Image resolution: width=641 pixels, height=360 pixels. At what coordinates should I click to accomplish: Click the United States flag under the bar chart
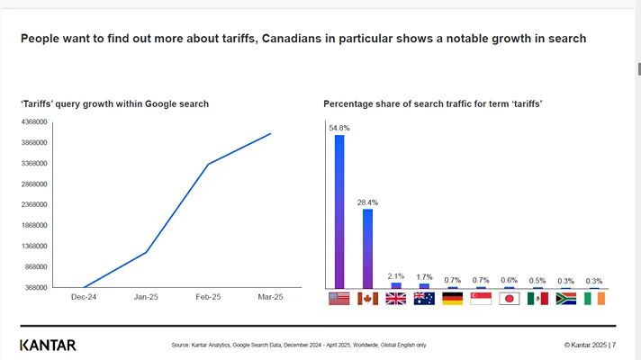point(339,299)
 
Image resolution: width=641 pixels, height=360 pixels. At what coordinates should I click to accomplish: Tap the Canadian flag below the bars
point(367,299)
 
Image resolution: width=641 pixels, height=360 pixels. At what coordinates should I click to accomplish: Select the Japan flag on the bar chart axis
point(510,299)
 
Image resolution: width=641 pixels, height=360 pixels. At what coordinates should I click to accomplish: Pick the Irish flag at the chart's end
point(594,299)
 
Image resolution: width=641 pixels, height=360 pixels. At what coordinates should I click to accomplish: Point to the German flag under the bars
point(453,299)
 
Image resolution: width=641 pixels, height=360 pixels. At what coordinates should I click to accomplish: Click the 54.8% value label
point(339,128)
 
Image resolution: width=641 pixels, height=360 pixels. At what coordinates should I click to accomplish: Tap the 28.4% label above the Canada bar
point(367,202)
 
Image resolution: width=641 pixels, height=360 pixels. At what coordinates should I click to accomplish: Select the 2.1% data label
point(396,275)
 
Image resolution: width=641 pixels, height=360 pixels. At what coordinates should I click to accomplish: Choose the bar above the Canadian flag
point(367,248)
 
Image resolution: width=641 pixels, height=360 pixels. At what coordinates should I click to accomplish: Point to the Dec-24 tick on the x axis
point(84,297)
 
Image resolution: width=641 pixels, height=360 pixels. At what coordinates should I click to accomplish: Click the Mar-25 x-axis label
point(270,297)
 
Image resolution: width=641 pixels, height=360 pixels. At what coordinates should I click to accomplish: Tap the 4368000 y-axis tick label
point(35,122)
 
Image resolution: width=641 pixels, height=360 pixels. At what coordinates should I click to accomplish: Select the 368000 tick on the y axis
point(38,288)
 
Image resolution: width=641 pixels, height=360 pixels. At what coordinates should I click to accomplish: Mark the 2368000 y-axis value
point(35,205)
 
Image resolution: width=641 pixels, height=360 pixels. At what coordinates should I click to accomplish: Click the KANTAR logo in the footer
point(48,345)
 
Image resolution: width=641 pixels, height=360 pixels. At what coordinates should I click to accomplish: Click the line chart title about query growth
point(114,104)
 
